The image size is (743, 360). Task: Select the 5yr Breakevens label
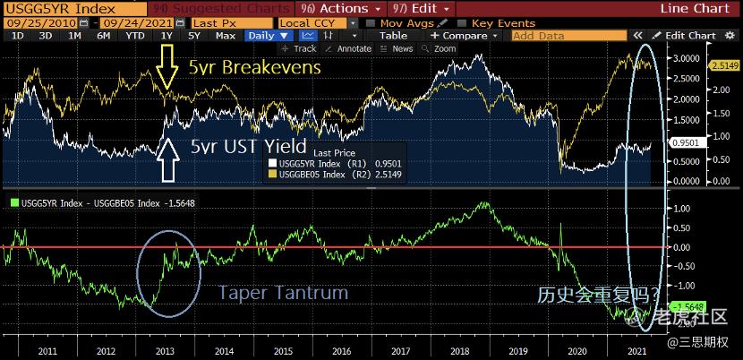click(253, 68)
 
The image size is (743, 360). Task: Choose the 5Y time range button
click(194, 36)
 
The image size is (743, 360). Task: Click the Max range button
click(226, 36)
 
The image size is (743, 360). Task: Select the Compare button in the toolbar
click(463, 36)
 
